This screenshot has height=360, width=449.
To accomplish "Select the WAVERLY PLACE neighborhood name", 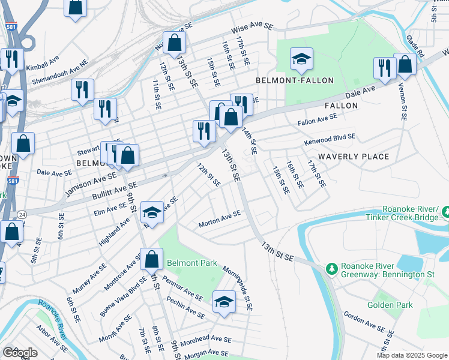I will [354, 157].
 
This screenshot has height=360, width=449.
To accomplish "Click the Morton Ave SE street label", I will [220, 218].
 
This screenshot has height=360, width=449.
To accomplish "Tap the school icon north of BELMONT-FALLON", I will [301, 59].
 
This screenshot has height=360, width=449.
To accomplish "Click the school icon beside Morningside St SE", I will [224, 302].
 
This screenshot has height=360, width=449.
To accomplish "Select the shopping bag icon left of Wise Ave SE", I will [174, 43].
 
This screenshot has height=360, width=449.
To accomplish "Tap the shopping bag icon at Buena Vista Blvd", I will [152, 259].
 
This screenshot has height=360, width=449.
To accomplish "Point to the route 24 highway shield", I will [22, 213].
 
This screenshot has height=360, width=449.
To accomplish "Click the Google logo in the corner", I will [20, 352].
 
